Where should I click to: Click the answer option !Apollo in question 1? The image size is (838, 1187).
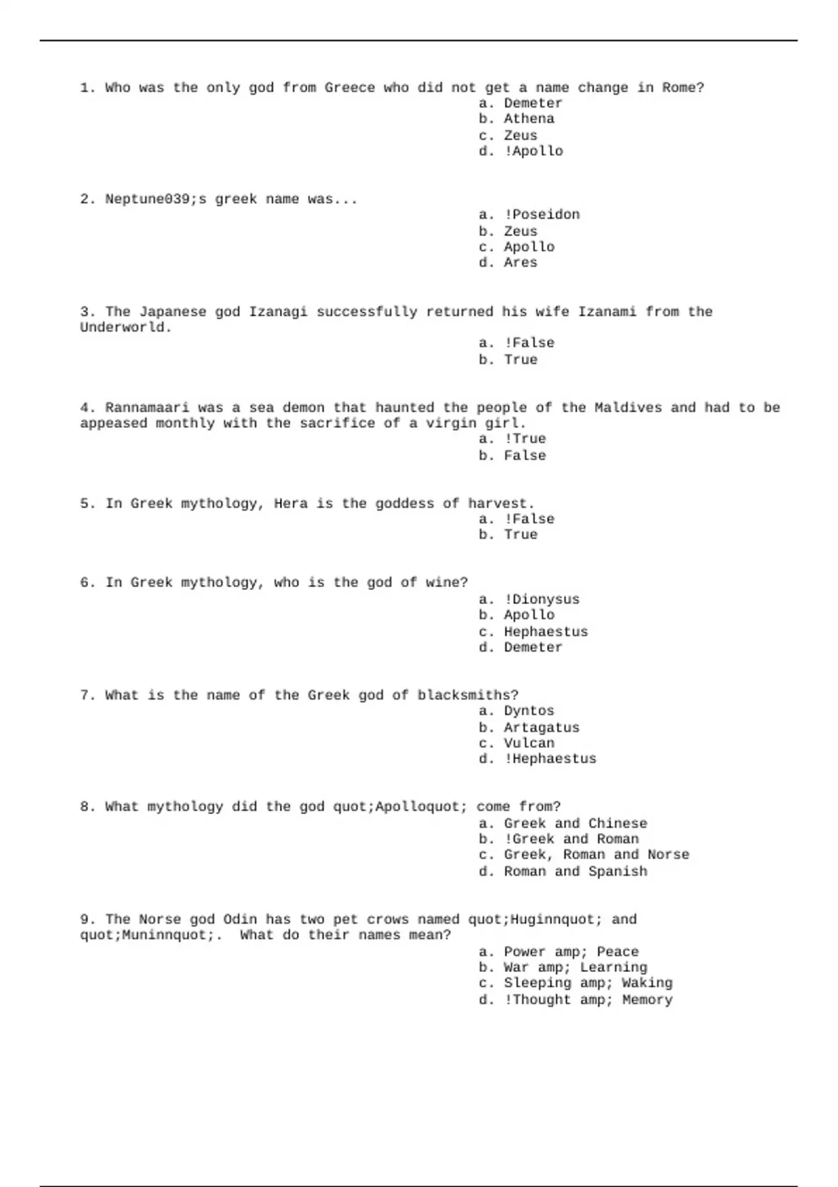533,152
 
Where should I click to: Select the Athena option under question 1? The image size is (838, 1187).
529,119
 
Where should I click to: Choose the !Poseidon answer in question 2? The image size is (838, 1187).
541,215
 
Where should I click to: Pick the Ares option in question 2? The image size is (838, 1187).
520,263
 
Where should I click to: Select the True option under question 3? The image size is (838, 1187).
520,360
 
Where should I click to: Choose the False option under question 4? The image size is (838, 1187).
524,456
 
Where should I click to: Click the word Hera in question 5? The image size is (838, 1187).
291,503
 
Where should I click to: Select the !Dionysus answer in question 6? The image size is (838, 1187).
541,600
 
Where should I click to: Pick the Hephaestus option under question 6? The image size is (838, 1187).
545,632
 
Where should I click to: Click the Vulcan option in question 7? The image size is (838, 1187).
529,744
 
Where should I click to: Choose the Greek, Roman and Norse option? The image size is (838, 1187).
596,855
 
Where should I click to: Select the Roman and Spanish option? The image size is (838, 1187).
575,871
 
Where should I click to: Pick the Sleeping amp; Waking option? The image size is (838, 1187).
587,983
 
